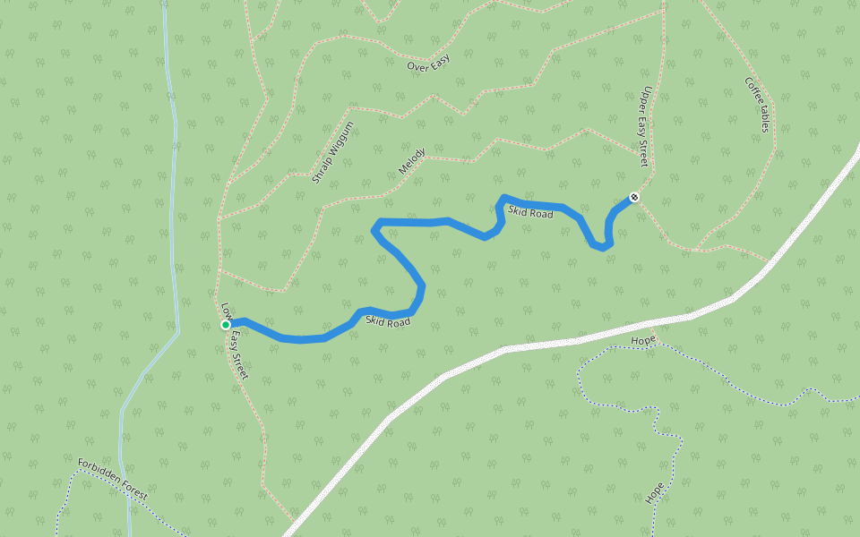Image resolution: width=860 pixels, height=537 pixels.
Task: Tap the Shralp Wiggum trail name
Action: pyautogui.click(x=333, y=152)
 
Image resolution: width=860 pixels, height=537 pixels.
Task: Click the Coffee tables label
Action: pyautogui.click(x=757, y=105)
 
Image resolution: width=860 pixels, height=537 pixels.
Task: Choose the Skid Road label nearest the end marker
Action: pyautogui.click(x=530, y=212)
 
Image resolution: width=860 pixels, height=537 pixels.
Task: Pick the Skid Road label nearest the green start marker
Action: pyautogui.click(x=388, y=321)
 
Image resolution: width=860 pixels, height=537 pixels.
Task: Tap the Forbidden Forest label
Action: pyautogui.click(x=112, y=479)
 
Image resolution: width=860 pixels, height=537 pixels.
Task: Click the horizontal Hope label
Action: pyautogui.click(x=643, y=341)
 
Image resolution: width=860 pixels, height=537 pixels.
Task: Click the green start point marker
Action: pyautogui.click(x=226, y=325)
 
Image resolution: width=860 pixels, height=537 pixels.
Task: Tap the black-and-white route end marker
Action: pyautogui.click(x=634, y=197)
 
